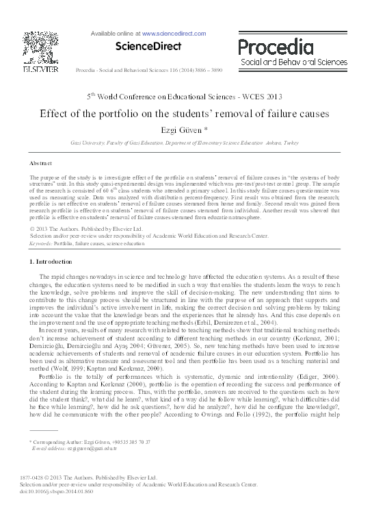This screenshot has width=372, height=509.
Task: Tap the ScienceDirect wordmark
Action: pos(148,47)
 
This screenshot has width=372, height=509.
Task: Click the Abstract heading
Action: pos(40,164)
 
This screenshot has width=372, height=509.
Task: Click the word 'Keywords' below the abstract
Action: pos(40,243)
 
